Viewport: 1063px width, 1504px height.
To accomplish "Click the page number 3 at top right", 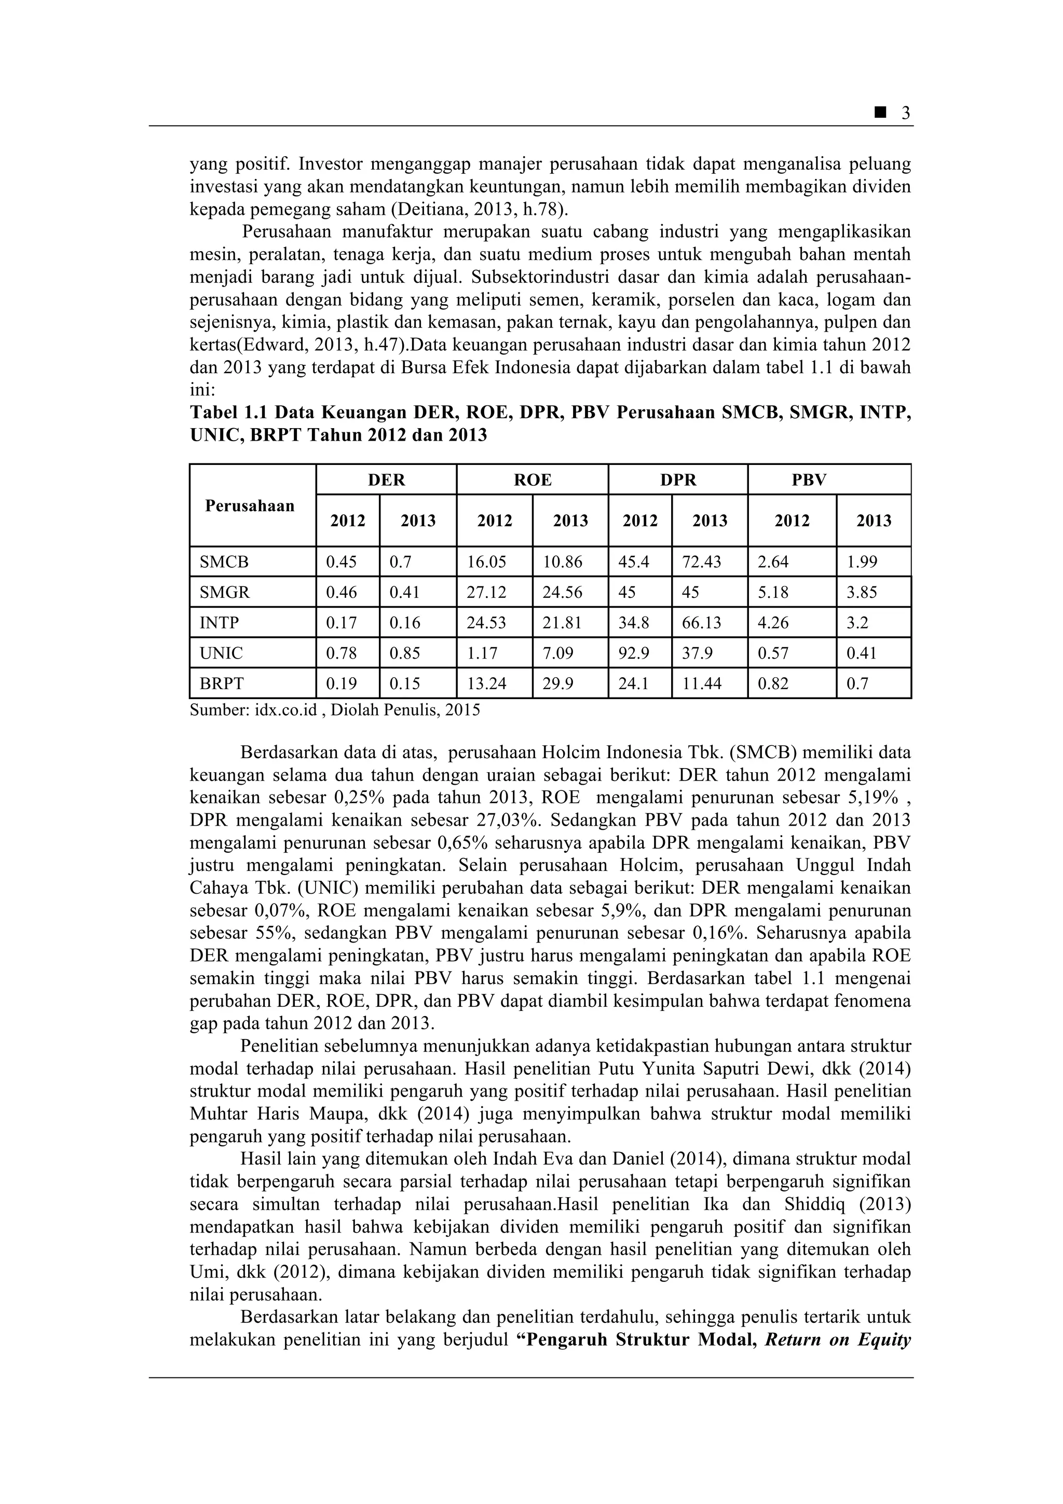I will pyautogui.click(x=906, y=113).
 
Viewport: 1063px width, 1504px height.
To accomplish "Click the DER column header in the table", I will pyautogui.click(x=386, y=480).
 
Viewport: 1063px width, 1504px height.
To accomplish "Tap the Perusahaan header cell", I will pyautogui.click(x=250, y=505).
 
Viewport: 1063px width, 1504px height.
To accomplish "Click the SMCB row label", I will pyautogui.click(x=224, y=562).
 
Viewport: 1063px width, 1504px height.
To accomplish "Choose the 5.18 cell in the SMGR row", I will pyautogui.click(x=773, y=592).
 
